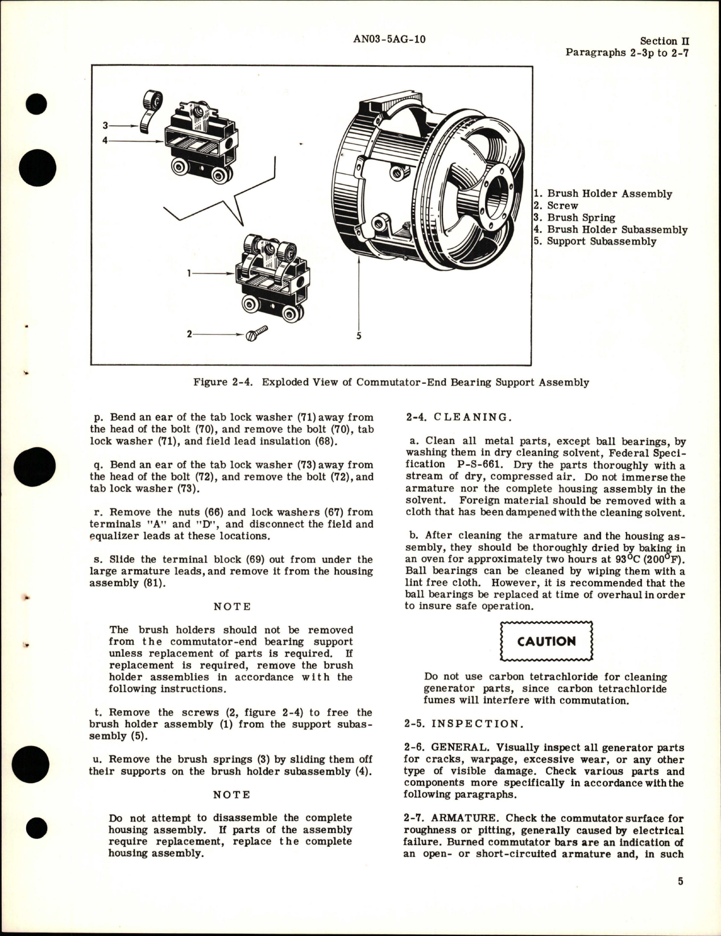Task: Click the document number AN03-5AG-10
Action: pyautogui.click(x=389, y=39)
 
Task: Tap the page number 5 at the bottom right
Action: pyautogui.click(x=680, y=897)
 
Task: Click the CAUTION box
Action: pyautogui.click(x=546, y=641)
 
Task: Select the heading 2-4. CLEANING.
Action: pyautogui.click(x=459, y=417)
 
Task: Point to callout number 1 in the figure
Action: pyautogui.click(x=189, y=273)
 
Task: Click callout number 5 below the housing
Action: pyautogui.click(x=359, y=336)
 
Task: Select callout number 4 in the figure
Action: pyautogui.click(x=105, y=139)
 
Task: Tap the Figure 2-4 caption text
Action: pyautogui.click(x=391, y=382)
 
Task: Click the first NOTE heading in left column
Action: pyautogui.click(x=232, y=606)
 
